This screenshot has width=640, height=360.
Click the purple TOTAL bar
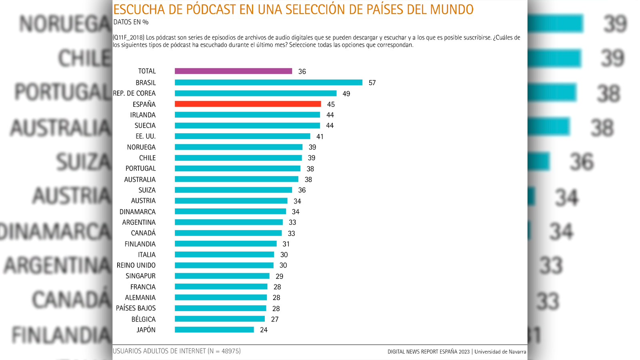coord(233,71)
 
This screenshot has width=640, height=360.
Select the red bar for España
coord(248,104)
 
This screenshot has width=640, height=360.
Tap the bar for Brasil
coord(268,82)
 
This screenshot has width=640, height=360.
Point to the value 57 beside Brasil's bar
coord(372,83)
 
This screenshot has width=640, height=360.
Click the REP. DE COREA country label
coord(134,93)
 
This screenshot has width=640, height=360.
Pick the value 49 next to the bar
coord(346,94)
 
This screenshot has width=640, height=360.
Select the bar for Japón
coord(214,330)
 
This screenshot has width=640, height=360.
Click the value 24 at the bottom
coord(264,330)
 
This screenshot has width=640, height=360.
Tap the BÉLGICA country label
coord(143,319)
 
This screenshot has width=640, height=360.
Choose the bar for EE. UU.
coord(242,136)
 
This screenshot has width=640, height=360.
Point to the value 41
coord(320,136)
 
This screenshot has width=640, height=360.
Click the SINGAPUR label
coord(140,276)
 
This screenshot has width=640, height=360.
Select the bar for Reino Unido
coord(224,265)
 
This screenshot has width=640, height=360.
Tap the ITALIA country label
coord(147,255)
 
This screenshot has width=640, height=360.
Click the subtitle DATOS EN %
coord(131,22)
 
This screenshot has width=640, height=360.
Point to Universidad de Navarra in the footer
coord(500,352)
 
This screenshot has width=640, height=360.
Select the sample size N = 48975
coord(224,351)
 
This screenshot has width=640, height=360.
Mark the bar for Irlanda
coord(247,115)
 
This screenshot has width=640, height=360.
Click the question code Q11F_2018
coord(128,38)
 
